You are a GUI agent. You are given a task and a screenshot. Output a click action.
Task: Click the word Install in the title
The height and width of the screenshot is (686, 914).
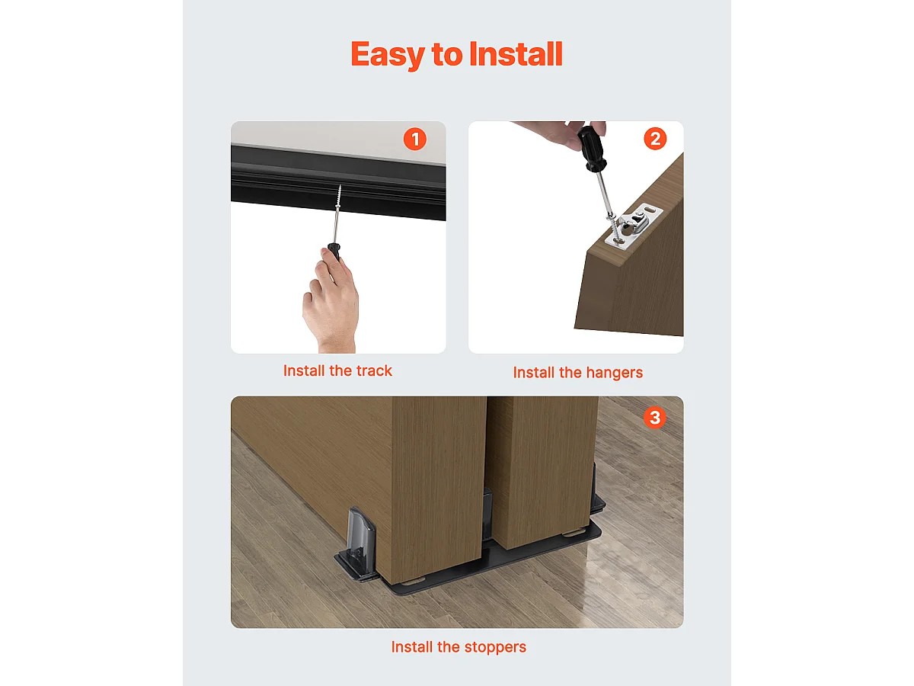point(516,55)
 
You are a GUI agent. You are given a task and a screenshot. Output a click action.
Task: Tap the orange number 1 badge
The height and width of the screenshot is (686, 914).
point(414,139)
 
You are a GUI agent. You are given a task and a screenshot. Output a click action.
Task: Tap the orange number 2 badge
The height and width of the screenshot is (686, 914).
point(655,139)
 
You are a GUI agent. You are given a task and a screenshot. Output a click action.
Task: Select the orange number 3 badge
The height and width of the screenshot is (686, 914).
point(654,418)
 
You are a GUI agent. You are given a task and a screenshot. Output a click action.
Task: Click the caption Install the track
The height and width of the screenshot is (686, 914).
point(337,371)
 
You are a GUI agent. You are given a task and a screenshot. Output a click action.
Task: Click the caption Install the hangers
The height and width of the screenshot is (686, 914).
point(577,373)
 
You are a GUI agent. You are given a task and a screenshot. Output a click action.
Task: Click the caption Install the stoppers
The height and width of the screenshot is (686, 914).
point(459,647)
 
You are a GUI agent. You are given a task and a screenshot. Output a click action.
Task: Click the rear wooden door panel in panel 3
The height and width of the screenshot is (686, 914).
point(542,465)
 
